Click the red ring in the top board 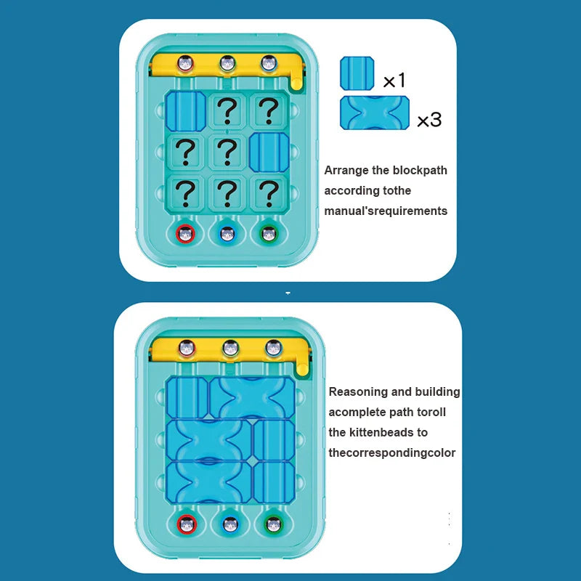coord(187,235)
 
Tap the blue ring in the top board coord(228,235)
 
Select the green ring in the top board coord(269,235)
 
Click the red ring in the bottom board coord(187,524)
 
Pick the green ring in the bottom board coord(273,524)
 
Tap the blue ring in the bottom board coord(230,524)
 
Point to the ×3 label coord(429,120)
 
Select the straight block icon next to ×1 coord(357,73)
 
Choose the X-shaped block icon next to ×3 coord(374,113)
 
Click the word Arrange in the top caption coord(346,171)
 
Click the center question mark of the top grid coord(227,151)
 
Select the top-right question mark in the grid coord(269,110)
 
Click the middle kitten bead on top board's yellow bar coord(228,64)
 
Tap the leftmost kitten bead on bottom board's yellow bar coord(188,348)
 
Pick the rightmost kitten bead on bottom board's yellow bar coord(273,348)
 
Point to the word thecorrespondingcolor coord(392,453)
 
